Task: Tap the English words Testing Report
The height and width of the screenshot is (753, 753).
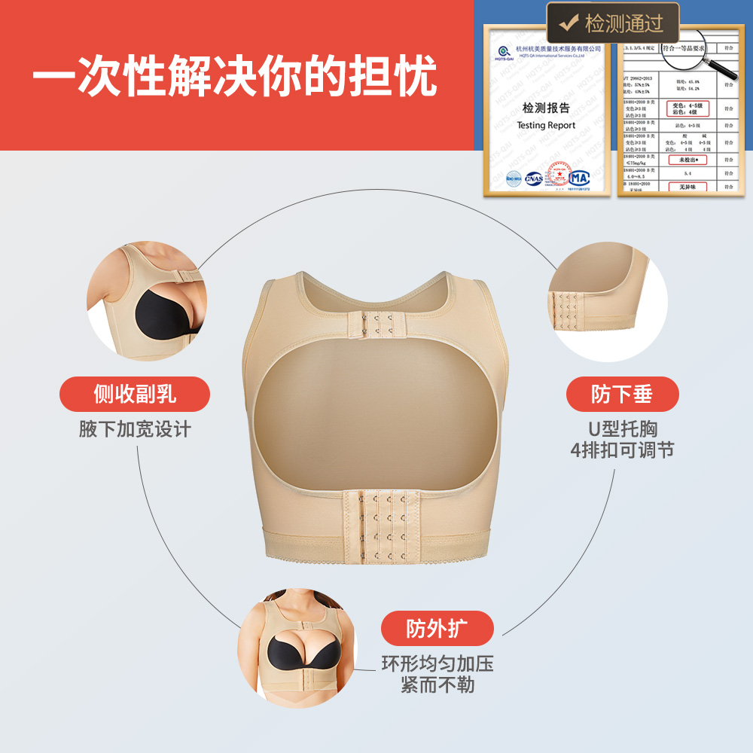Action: click(546, 126)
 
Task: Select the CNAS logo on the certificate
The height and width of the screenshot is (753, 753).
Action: click(534, 178)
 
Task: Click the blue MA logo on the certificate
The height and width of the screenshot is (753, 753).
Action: click(578, 178)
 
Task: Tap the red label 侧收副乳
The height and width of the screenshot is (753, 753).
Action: click(135, 394)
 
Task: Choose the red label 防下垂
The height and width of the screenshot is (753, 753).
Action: click(622, 394)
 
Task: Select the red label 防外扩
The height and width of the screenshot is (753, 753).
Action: click(437, 629)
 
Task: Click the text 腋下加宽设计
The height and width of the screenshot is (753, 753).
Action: click(135, 430)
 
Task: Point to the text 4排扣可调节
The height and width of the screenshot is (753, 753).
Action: click(622, 450)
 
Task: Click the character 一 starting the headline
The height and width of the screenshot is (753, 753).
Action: click(54, 76)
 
